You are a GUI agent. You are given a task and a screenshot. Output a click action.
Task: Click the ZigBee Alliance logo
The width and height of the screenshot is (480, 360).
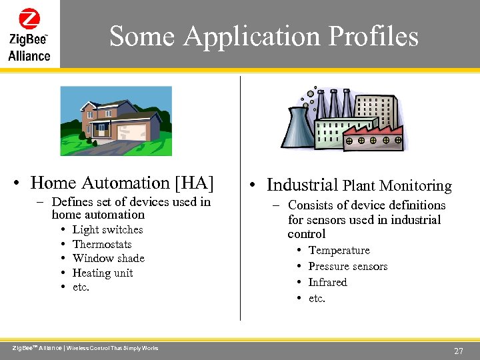(29, 35)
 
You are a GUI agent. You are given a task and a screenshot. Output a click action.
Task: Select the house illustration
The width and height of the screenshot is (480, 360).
(116, 121)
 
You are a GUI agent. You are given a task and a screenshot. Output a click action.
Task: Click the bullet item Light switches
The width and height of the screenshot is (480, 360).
(107, 229)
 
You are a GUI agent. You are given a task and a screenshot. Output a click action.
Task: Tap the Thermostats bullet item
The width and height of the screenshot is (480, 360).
(102, 244)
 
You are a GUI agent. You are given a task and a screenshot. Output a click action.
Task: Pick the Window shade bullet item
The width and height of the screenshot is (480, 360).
(108, 258)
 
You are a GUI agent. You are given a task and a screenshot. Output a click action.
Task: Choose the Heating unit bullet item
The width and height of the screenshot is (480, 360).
(103, 273)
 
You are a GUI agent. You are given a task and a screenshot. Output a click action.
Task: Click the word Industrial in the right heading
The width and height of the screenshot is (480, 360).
(302, 185)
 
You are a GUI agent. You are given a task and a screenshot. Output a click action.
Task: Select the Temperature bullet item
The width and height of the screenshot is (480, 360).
(339, 250)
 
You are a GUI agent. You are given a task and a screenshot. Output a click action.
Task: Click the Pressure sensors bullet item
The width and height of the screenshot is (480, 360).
(347, 266)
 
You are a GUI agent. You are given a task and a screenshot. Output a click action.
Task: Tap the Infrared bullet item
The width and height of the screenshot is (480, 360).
(327, 282)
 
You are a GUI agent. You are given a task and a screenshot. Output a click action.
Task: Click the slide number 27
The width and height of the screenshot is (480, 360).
(458, 351)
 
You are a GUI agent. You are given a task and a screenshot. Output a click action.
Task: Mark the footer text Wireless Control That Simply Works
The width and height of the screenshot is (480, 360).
(113, 348)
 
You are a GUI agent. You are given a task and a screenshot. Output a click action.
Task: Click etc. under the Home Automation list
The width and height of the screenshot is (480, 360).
(81, 287)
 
